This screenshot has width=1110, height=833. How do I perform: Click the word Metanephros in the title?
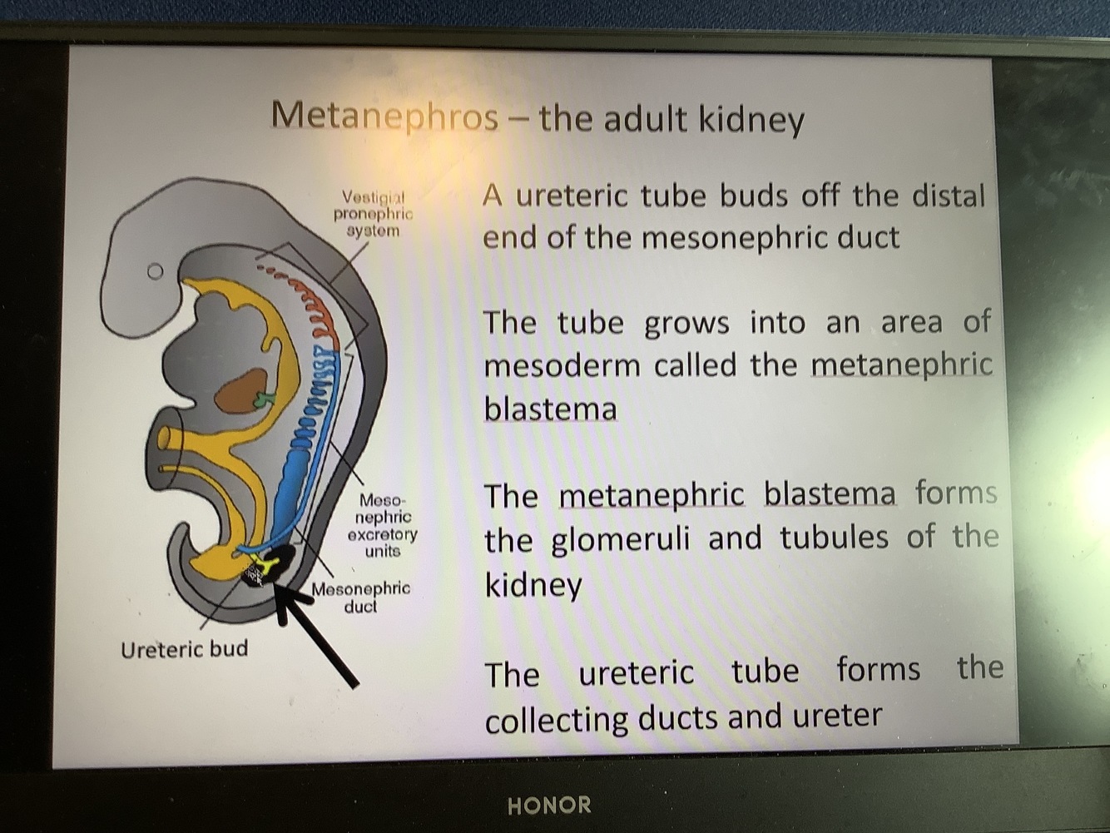384,116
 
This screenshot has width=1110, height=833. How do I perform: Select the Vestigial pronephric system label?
373,214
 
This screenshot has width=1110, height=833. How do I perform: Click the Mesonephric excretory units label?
382,525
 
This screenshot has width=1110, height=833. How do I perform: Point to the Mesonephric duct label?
360,597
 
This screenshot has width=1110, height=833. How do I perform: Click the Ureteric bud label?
184,649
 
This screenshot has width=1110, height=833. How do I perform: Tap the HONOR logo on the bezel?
549,805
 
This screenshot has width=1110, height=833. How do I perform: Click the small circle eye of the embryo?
155,271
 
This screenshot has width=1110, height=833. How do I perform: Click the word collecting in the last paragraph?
556,719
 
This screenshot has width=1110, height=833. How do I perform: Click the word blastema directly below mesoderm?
550,409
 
